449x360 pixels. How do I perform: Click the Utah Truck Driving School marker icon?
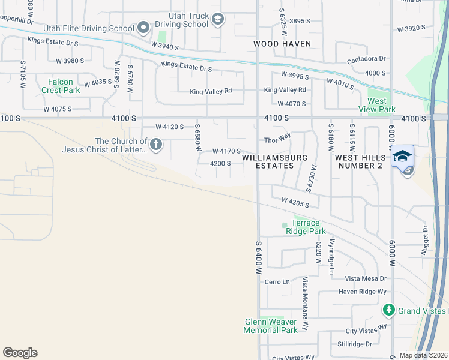[217, 20]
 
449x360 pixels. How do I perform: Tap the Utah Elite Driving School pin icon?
[143, 28]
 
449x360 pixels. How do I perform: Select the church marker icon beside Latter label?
[155, 145]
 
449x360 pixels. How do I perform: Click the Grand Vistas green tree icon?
[388, 310]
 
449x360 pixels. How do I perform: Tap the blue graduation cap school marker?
[402, 157]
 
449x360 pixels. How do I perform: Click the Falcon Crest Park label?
[61, 86]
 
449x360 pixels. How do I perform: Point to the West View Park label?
[376, 105]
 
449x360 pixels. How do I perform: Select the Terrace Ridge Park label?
[304, 227]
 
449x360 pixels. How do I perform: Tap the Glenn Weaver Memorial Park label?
[271, 326]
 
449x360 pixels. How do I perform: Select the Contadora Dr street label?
[366, 59]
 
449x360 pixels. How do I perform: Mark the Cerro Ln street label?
[277, 281]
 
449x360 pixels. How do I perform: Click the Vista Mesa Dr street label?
[367, 279]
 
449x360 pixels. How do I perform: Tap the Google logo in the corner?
[20, 353]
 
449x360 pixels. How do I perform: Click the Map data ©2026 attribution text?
[424, 355]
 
